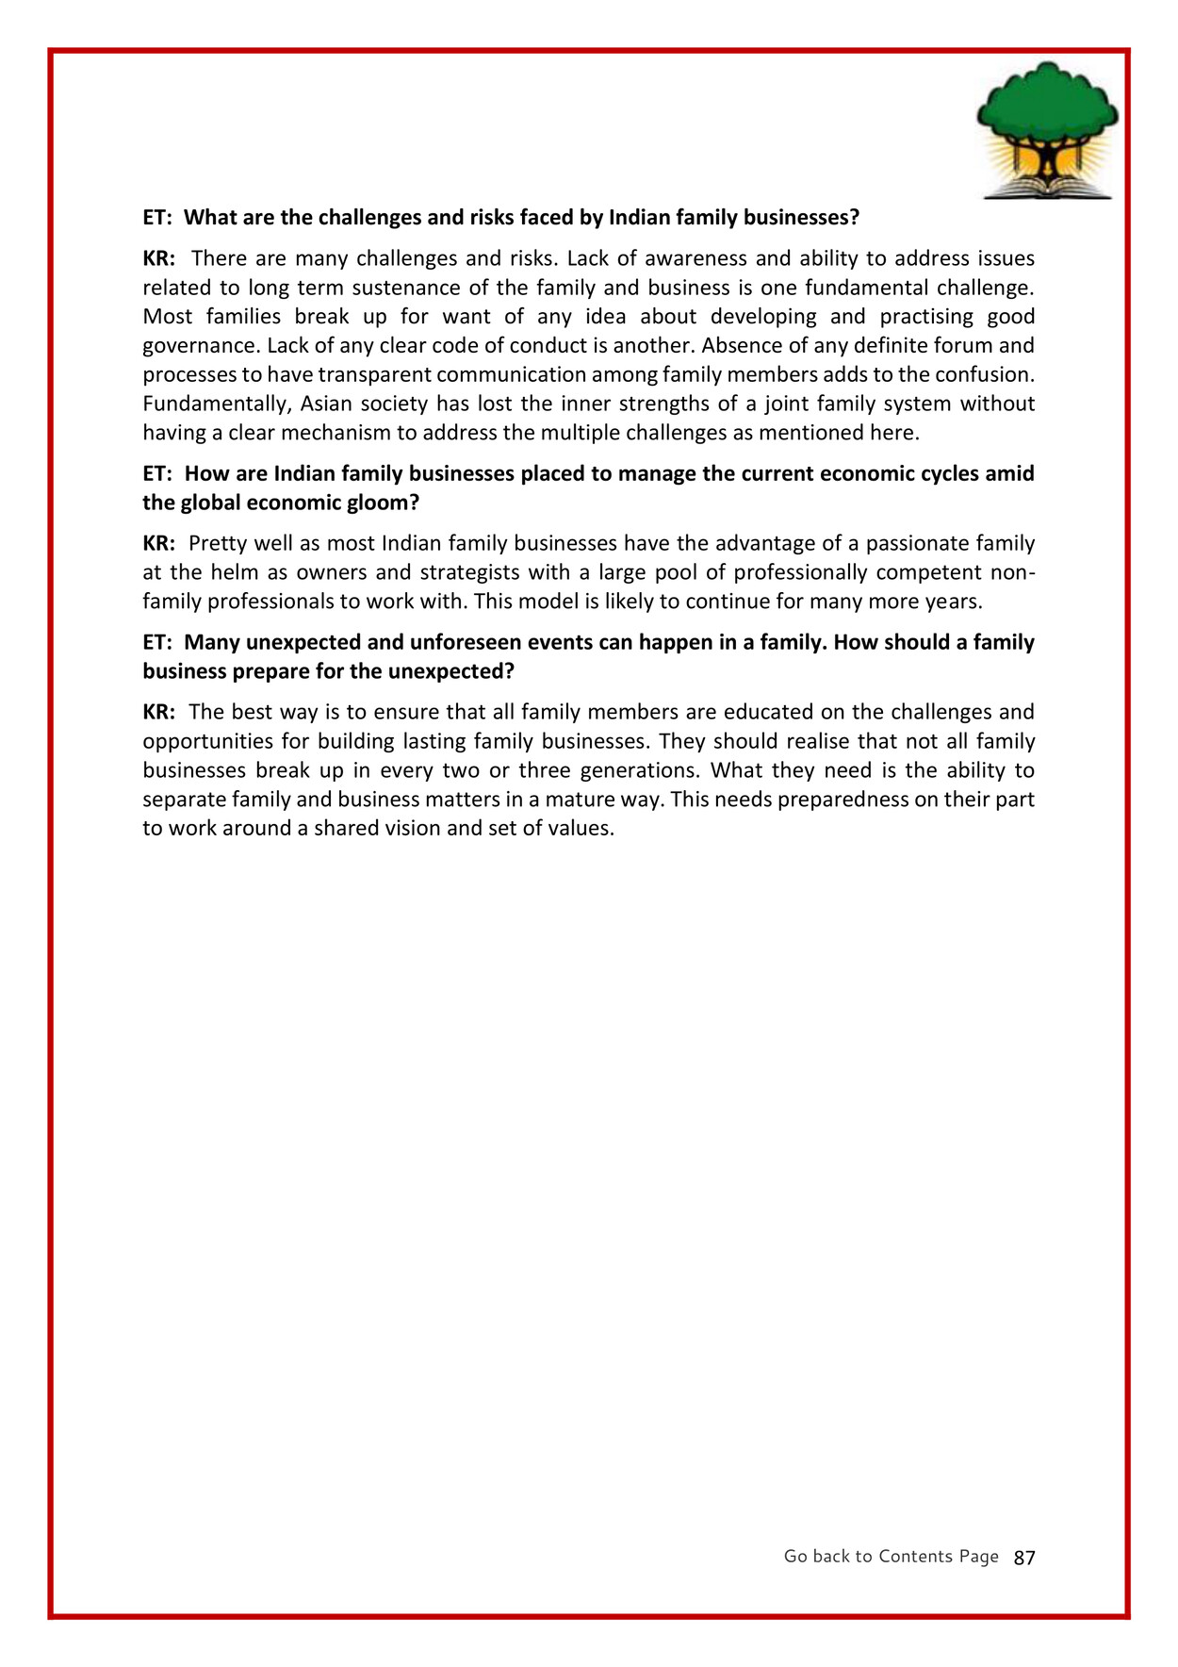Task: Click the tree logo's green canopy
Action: pos(1046,104)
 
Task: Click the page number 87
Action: pos(1024,1558)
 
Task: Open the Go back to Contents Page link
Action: pos(891,1556)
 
